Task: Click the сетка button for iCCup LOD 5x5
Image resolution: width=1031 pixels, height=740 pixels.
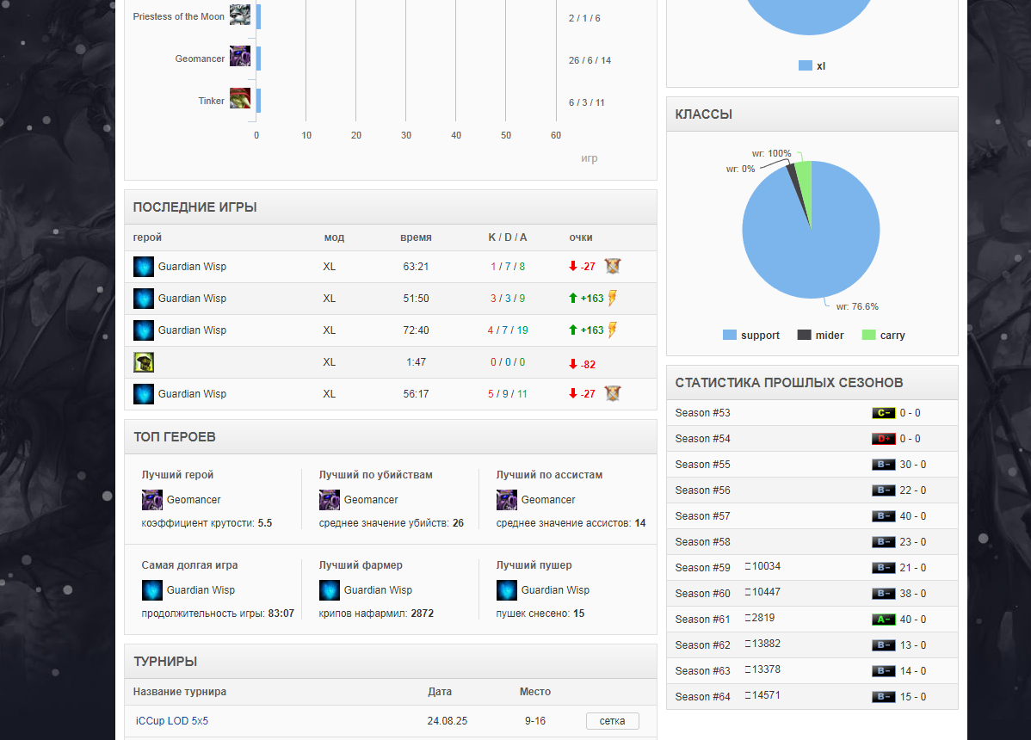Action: point(612,721)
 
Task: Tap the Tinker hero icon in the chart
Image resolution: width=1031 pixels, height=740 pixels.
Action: point(240,98)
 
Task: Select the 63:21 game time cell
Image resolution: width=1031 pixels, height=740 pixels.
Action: point(416,267)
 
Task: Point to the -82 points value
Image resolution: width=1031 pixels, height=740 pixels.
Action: point(588,365)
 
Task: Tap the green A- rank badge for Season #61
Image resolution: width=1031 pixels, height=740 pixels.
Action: point(883,620)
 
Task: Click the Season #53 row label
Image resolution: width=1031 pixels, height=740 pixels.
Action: point(703,413)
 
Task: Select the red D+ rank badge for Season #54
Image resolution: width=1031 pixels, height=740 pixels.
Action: point(883,439)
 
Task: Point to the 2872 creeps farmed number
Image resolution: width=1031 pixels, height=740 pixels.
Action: point(422,614)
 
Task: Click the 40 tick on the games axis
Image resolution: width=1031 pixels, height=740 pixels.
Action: point(456,135)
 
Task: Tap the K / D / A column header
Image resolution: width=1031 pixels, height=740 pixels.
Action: point(507,237)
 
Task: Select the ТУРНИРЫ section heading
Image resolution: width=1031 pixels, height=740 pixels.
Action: point(165,662)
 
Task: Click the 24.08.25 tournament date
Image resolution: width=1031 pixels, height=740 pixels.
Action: point(447,720)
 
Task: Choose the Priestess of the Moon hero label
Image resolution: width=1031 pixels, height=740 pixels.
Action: point(178,16)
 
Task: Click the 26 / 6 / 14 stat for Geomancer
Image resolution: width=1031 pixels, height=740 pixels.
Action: point(590,60)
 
